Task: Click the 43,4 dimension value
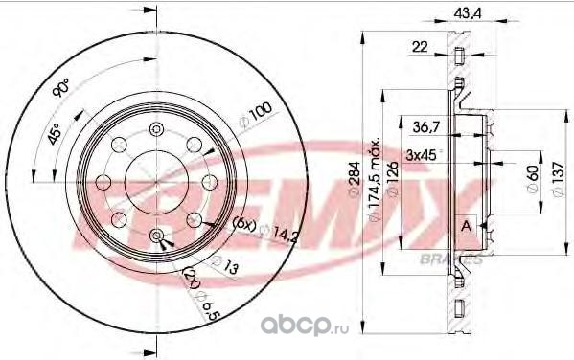[x=467, y=13]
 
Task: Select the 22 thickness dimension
[x=420, y=47]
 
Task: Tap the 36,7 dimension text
[x=426, y=127]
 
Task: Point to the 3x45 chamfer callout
[x=423, y=155]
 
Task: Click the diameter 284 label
[x=355, y=180]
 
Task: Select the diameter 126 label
[x=393, y=179]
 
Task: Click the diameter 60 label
[x=533, y=179]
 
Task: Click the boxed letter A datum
[x=466, y=226]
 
